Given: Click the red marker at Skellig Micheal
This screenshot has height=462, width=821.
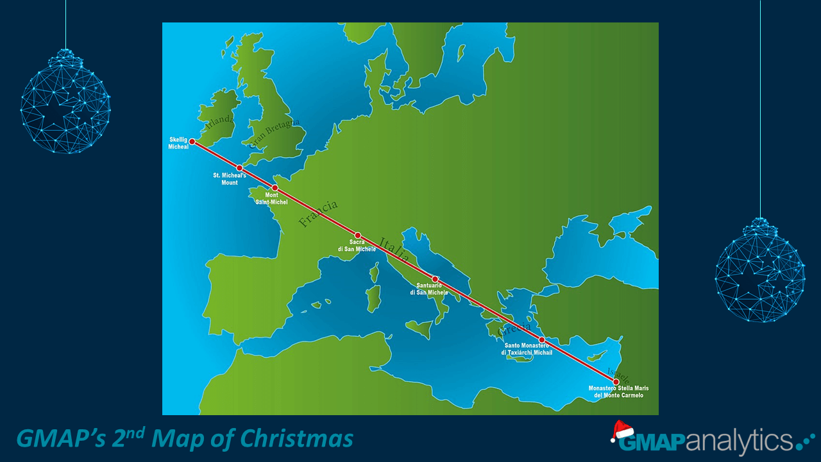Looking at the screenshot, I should point(192,141).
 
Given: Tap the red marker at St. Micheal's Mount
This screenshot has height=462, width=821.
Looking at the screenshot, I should point(239,168).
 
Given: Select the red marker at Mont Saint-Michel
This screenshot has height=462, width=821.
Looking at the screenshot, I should point(275,188).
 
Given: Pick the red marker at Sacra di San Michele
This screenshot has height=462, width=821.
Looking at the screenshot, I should point(358,235).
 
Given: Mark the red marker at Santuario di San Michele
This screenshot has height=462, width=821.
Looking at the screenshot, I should point(435,279).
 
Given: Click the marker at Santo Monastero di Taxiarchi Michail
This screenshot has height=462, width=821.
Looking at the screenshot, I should point(541,339).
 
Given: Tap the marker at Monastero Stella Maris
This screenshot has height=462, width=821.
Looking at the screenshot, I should point(616,382).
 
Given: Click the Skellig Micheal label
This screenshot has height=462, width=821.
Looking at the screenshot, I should point(178,142).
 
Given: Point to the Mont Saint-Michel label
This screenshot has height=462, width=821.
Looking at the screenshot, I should point(271,198).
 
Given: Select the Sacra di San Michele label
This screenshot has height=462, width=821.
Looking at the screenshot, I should point(357,245).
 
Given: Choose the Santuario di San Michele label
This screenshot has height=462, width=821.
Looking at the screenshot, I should point(429,289).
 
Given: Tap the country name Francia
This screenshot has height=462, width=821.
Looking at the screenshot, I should point(318,214).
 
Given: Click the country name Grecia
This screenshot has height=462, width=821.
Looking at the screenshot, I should point(514,329).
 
